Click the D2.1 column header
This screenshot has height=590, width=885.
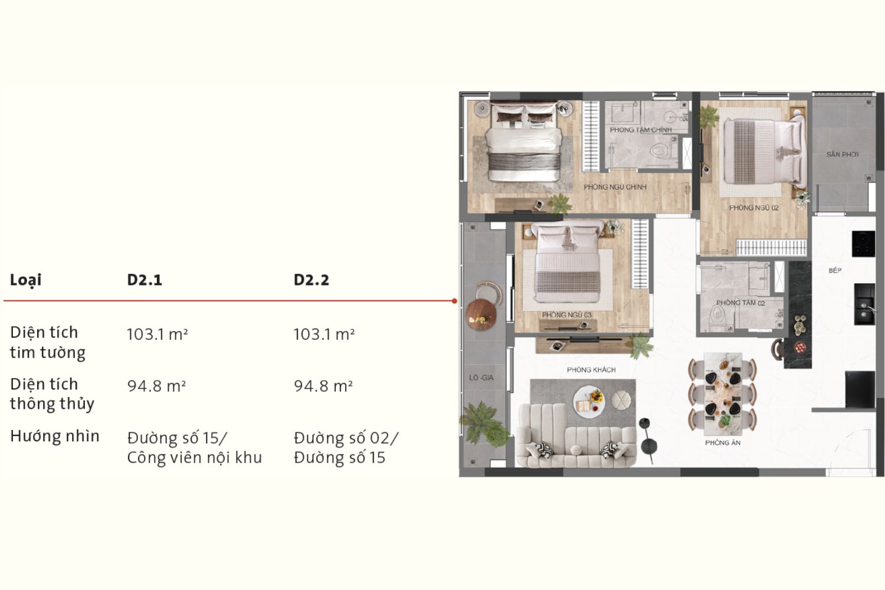point(144,280)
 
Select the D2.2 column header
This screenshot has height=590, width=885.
point(312,280)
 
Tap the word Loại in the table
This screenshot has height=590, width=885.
point(26,280)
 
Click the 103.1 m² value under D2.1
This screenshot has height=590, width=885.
point(158,335)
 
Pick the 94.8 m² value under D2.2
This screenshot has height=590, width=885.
point(323,386)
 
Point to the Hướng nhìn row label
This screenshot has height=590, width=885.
point(54,436)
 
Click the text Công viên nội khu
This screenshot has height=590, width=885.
point(194,458)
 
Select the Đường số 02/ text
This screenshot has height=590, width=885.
point(346,438)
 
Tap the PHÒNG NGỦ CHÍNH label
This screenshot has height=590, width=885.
point(615,187)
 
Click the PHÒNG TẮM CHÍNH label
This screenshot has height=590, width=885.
point(640,130)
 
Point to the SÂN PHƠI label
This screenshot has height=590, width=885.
point(843,154)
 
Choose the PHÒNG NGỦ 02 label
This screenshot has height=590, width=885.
point(754,208)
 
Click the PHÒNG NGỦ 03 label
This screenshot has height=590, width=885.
point(566,315)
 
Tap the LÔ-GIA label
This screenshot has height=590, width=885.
point(481,378)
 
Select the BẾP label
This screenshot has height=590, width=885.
point(835,270)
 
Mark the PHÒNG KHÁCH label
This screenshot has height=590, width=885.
point(591,370)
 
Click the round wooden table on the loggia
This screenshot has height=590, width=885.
point(481,314)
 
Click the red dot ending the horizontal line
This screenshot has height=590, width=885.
point(454,301)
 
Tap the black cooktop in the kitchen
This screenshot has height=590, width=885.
point(863,244)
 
